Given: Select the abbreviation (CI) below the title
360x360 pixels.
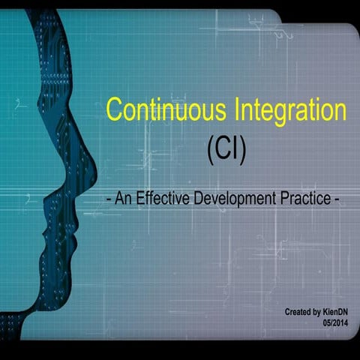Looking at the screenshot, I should (x=226, y=150).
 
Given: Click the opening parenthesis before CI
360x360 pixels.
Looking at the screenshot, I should (x=209, y=151).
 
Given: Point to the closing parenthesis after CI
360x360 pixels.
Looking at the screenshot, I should (x=242, y=151).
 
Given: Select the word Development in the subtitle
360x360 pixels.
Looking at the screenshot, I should (x=240, y=200).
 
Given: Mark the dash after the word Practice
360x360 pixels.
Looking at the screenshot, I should (x=338, y=201).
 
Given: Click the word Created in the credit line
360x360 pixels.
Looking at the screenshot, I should (x=298, y=310).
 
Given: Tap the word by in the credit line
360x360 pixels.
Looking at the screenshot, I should (x=317, y=310).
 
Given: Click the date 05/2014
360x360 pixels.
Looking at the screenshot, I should (x=336, y=322).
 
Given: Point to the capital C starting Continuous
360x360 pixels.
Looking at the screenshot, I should (x=113, y=110).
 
